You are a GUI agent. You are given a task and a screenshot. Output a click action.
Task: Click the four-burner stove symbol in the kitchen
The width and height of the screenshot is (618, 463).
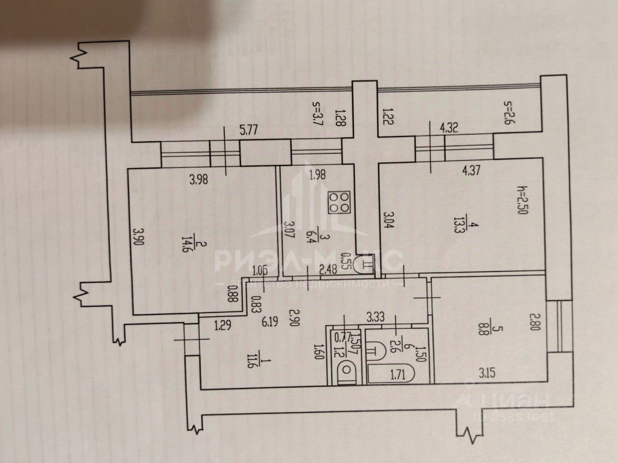pyautogui.click(x=338, y=203)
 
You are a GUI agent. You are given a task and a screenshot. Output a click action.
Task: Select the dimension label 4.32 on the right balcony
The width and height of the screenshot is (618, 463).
pyautogui.click(x=449, y=129)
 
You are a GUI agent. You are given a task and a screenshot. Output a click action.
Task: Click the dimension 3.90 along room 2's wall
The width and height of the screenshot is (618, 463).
pyautogui.click(x=139, y=240)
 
